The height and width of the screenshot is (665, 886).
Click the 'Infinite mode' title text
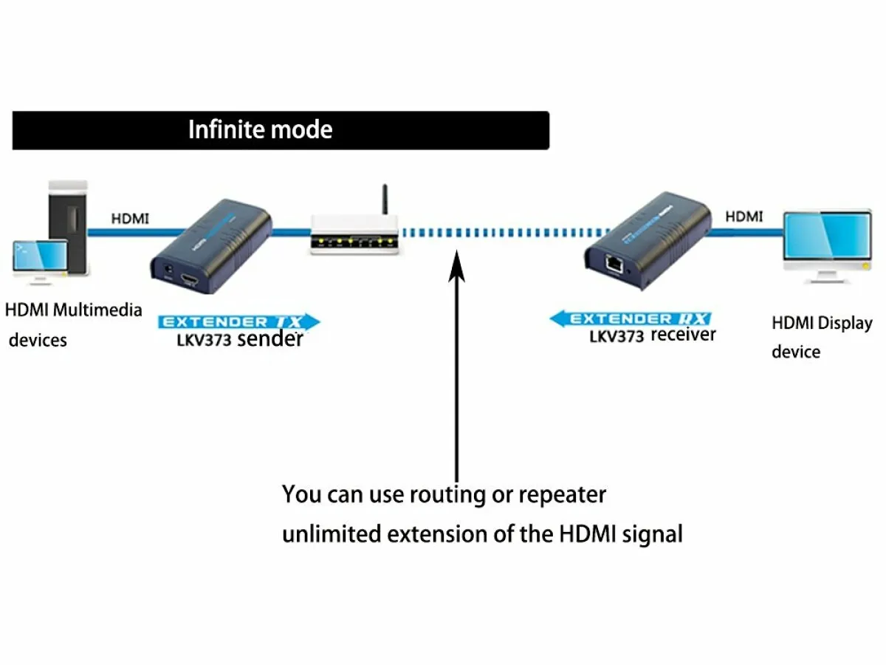(x=260, y=130)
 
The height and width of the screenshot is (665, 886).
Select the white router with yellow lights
(x=355, y=235)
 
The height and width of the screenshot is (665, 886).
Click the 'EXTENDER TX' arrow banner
(x=238, y=322)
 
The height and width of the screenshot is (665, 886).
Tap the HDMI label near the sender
(x=130, y=219)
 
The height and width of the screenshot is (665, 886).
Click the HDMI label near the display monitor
(x=744, y=216)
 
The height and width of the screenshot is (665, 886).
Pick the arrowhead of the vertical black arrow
(x=458, y=262)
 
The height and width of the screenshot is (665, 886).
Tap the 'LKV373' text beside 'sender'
(x=203, y=341)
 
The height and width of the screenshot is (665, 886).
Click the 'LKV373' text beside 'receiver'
(x=617, y=337)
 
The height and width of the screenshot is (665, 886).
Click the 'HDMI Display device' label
(x=821, y=337)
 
